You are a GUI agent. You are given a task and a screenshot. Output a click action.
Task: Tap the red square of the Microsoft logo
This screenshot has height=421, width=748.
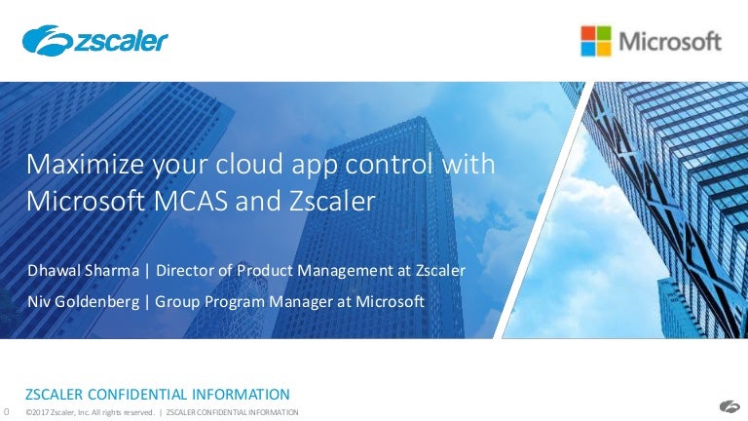click(x=588, y=33)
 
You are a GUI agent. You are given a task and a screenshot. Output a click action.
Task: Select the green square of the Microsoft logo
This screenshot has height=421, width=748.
click(x=604, y=33)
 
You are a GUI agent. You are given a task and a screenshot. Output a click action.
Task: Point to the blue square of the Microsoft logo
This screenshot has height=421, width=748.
click(x=588, y=49)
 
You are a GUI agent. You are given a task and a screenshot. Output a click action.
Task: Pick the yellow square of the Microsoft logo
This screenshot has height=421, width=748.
click(x=604, y=49)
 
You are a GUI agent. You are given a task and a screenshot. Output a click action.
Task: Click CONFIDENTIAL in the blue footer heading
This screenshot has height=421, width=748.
click(x=145, y=395)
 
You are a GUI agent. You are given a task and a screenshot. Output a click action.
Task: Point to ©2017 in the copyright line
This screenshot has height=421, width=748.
click(x=38, y=412)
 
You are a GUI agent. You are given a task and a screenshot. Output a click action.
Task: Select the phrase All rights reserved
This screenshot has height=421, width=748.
click(x=125, y=412)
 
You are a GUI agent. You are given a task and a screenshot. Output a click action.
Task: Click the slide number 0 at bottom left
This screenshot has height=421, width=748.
click(x=6, y=411)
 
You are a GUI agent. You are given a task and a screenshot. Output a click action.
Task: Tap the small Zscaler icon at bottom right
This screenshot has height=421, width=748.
click(x=729, y=406)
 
